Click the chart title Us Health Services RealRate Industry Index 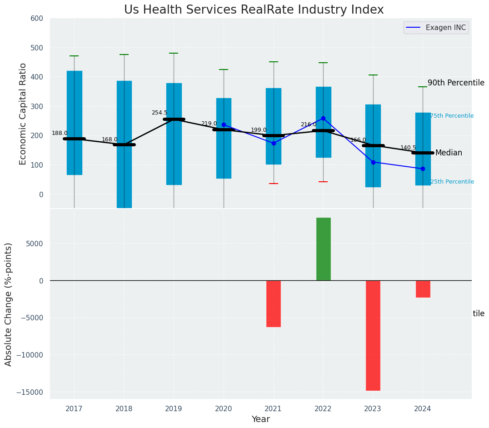[x=254, y=10]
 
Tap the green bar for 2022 [x=323, y=249]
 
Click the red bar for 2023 [x=373, y=335]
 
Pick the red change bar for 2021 [x=274, y=304]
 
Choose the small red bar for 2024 [x=423, y=289]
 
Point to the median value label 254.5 [x=159, y=113]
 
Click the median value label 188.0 [x=60, y=133]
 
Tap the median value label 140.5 [x=408, y=148]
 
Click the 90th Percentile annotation [x=456, y=83]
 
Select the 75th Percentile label [x=452, y=116]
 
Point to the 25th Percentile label [x=452, y=182]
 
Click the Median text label [x=449, y=153]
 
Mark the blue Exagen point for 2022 [x=323, y=118]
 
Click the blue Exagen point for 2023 [x=373, y=162]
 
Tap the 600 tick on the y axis [x=37, y=19]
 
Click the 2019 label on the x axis [x=174, y=409]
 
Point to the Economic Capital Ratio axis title [x=23, y=113]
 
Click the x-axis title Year [x=260, y=419]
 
